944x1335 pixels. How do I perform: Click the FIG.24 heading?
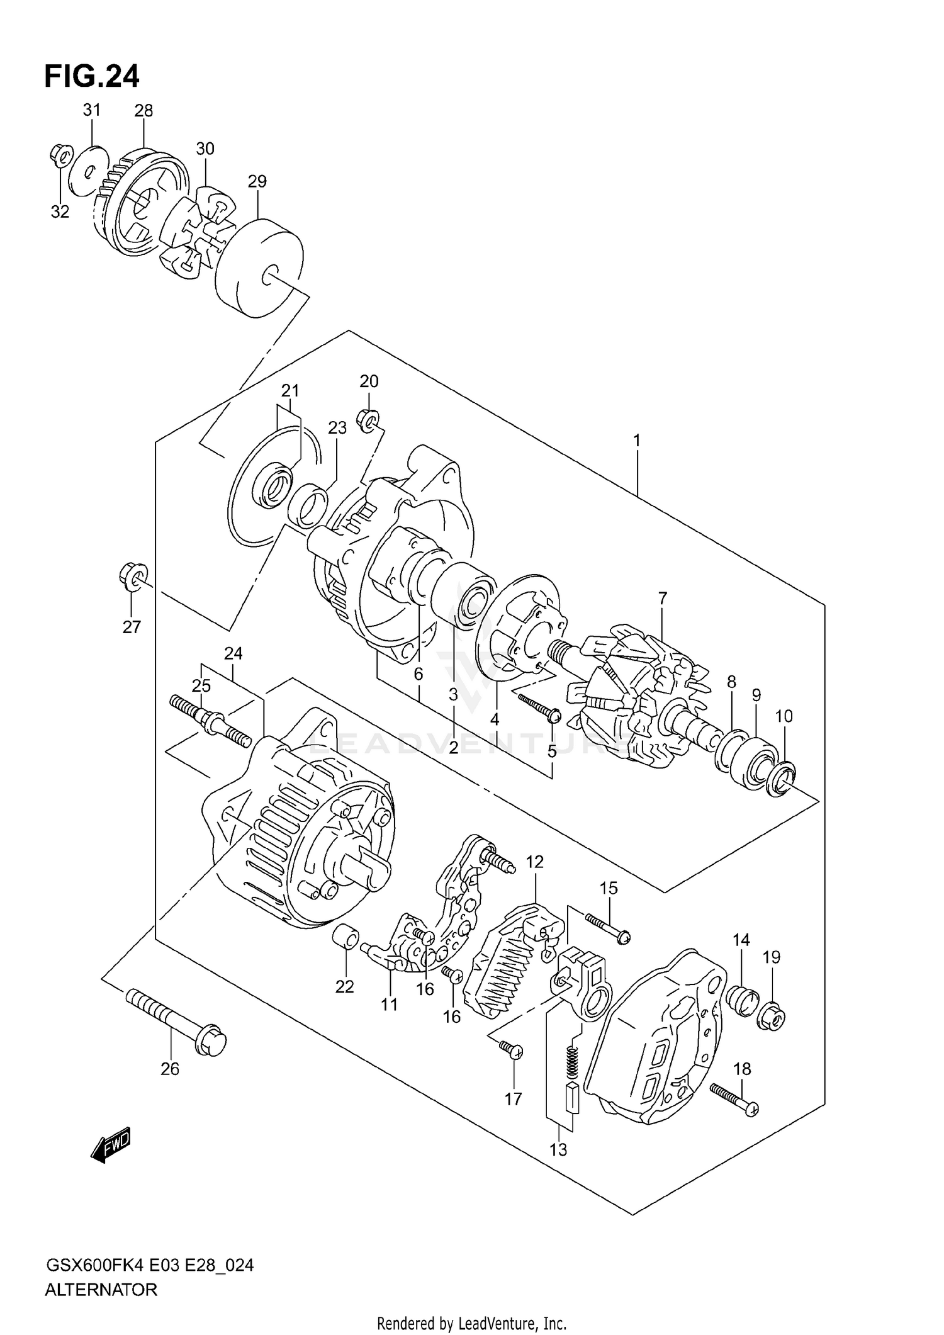(92, 77)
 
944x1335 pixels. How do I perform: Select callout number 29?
(257, 181)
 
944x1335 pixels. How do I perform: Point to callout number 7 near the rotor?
(662, 598)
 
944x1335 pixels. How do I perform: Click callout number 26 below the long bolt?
(170, 1069)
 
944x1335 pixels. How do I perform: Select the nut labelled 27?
(131, 577)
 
